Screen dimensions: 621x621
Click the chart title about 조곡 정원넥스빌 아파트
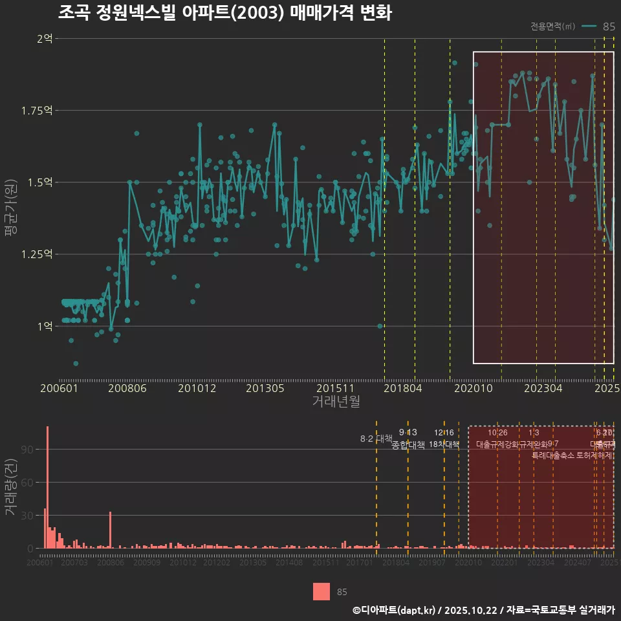[224, 13]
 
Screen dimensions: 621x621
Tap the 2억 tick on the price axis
[45, 38]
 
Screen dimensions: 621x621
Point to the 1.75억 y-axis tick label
[39, 111]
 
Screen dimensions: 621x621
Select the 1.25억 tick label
[39, 254]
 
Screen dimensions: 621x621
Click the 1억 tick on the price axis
[45, 326]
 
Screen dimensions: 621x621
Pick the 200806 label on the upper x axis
[127, 389]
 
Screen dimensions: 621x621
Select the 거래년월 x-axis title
[336, 402]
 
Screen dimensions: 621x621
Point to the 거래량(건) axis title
[11, 487]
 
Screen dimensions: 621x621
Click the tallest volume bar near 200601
[47, 487]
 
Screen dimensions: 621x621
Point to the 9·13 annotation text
[408, 432]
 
